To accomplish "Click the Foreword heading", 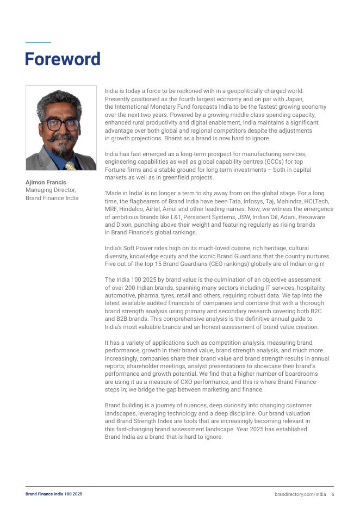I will (x=63, y=59).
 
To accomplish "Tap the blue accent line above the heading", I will (x=38, y=42).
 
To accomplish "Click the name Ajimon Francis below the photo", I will (x=46, y=182).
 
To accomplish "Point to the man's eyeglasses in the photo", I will (x=61, y=123).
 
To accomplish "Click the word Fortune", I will (x=115, y=170).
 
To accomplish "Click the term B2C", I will (x=315, y=311).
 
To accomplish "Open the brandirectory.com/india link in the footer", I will (x=300, y=494).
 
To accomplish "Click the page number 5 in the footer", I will (x=333, y=494).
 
